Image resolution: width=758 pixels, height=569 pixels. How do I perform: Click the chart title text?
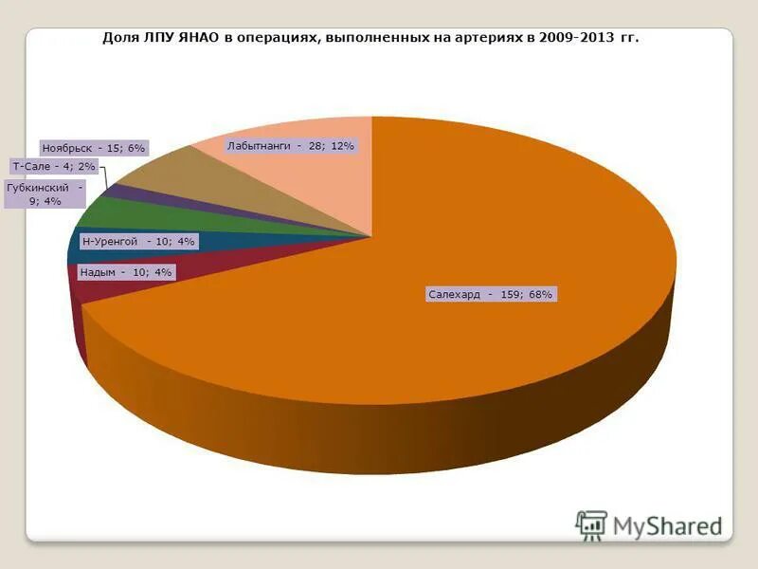coord(370,39)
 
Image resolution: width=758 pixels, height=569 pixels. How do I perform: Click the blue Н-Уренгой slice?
coord(75,250)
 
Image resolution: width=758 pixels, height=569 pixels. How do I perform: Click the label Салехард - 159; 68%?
coord(490,295)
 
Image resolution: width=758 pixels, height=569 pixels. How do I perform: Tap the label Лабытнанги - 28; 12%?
coord(290,146)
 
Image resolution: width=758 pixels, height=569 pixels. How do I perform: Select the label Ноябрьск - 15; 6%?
coord(93,149)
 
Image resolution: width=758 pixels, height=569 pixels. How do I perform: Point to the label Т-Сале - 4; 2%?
coord(53,166)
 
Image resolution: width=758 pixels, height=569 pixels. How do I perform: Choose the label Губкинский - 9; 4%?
coord(45,194)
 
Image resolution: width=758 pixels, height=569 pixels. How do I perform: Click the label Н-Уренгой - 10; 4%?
coord(137,242)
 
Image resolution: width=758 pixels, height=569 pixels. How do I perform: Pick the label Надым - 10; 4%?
coord(126,272)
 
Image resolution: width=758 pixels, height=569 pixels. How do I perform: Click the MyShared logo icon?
coord(591,525)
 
